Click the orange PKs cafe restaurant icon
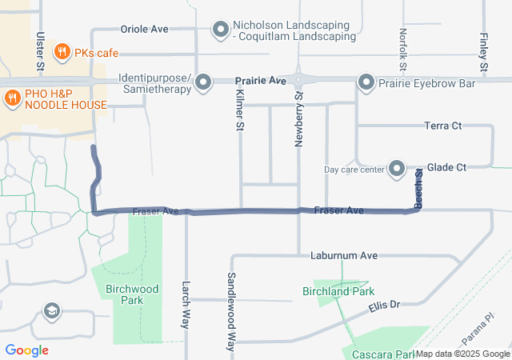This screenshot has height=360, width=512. coord(61,53)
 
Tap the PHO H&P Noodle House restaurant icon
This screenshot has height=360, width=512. coord(12,98)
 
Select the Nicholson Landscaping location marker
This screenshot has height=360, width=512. coord(221,30)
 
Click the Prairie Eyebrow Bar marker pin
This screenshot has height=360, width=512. coord(366,82)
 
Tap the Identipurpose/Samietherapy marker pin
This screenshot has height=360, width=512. coord(202,82)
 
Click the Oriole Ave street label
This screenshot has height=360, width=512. coord(144,29)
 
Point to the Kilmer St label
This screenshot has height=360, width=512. coord(238,111)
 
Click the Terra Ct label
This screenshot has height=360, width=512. coord(443,126)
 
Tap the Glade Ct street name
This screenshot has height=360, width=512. coord(446,167)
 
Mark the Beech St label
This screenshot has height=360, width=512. coord(418,186)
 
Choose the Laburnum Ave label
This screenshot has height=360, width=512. coord(343,256)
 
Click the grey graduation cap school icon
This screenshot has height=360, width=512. coord(52,310)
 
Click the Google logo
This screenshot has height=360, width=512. coord(26,350)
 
